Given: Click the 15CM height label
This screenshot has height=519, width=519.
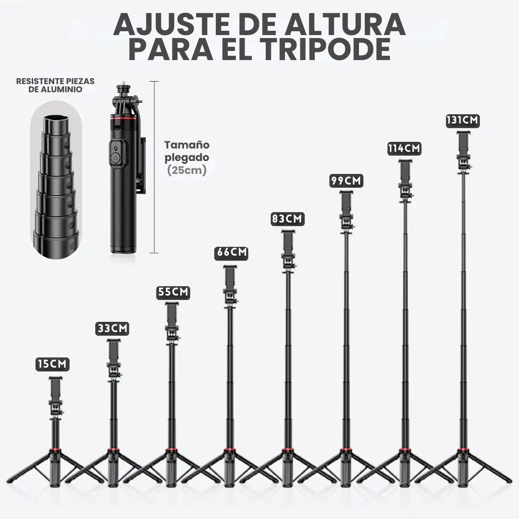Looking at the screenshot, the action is [53, 364].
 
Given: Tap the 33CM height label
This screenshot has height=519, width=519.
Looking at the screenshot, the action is [112, 328].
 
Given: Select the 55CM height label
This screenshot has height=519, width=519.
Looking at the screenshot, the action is [173, 292].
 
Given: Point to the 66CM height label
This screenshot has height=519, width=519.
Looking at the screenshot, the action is [231, 253].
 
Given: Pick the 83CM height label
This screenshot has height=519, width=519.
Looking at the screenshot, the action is [287, 219].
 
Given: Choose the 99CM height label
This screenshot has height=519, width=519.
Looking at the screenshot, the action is [346, 181].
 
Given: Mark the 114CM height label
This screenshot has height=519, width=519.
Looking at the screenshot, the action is [404, 148].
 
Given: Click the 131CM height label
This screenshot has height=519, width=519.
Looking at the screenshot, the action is [462, 120].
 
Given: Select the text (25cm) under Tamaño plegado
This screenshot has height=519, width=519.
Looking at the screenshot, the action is [186, 170].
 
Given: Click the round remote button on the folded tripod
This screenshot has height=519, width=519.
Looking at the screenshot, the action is [115, 158].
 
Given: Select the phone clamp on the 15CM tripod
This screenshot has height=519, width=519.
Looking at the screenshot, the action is [55, 389].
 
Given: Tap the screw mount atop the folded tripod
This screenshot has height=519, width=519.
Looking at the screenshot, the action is [123, 89].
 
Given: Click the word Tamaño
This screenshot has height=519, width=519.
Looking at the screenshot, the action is [187, 145].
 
